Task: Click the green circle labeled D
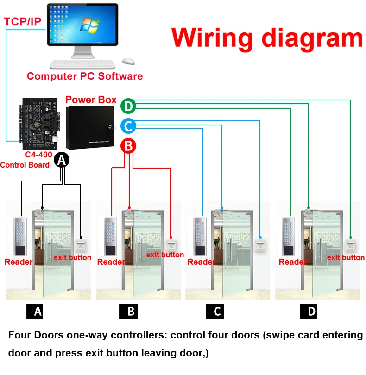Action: pos(128,106)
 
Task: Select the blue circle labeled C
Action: pos(128,126)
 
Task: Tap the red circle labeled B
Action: pos(128,146)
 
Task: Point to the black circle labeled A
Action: pos(62,161)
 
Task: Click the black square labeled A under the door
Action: pos(38,312)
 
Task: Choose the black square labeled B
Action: pos(131,312)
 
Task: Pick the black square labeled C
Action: pos(217,312)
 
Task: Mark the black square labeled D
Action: pos(311,312)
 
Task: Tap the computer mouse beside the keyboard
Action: pos(128,61)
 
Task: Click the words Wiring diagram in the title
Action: pos(267,38)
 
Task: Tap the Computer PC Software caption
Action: pos(85,76)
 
